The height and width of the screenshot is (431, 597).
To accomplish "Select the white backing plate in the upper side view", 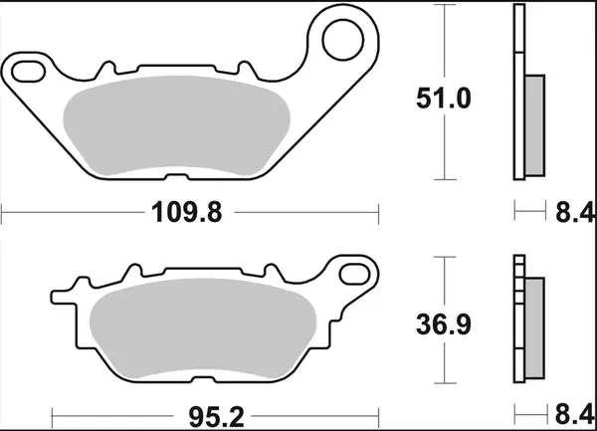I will point(517,95).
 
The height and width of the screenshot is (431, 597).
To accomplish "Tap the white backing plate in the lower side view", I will point(517,319).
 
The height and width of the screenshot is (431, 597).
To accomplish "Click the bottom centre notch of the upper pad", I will point(181,177).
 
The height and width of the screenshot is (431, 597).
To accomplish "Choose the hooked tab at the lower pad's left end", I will point(60,296).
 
